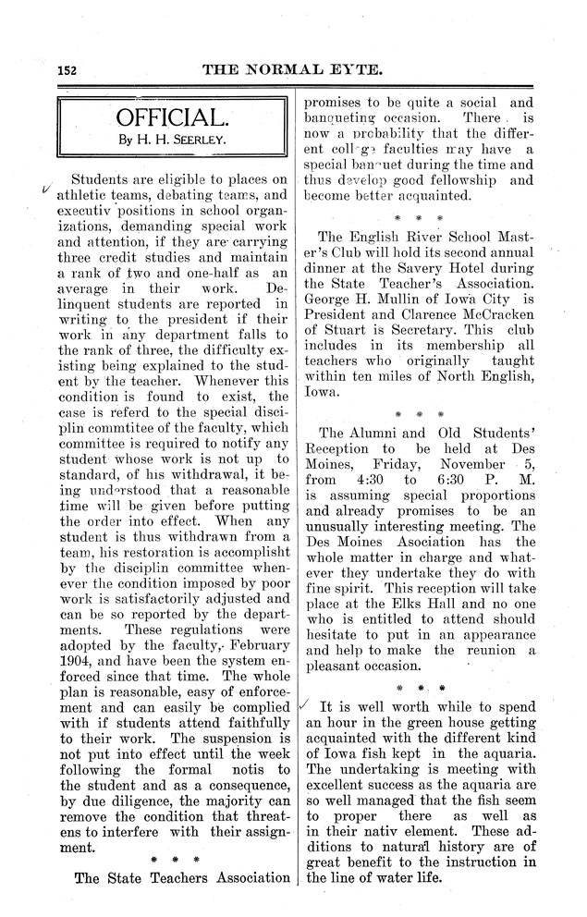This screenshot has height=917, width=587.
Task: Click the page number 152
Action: pos(68,70)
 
